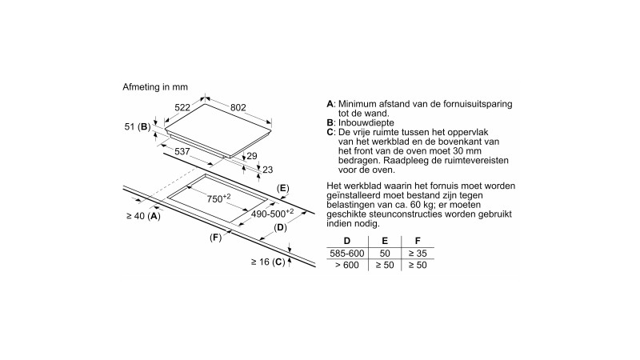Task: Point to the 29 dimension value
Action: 251,156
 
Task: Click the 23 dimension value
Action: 267,169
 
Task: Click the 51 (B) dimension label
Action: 138,127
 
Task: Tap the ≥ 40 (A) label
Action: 143,216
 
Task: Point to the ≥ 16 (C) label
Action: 267,262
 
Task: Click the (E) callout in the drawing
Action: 282,188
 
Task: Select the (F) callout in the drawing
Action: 215,238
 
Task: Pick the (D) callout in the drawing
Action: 280,228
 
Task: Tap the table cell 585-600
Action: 346,253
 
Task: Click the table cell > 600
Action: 346,266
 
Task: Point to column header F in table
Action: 416,240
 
